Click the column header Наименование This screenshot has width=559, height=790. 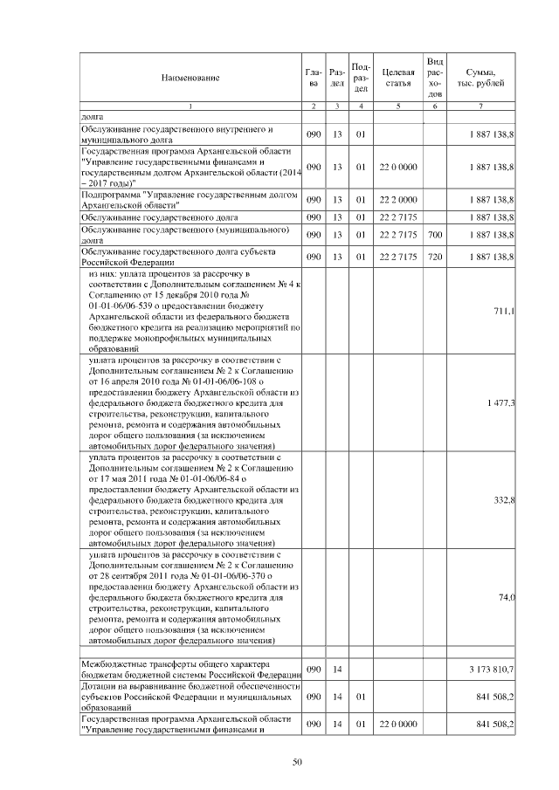coord(190,78)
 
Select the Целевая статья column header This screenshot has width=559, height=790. coord(397,78)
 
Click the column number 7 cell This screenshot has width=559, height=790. coord(481,106)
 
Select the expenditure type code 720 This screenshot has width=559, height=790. coord(435,256)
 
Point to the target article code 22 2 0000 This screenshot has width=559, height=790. coord(397,200)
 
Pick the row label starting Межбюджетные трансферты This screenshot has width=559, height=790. coord(190,669)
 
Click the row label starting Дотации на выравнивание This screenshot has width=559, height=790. coord(190,697)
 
